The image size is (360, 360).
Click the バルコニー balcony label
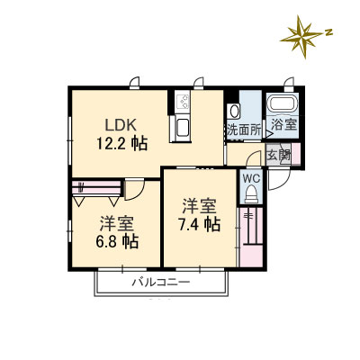tap(161, 283)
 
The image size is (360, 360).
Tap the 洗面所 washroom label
tap(243, 130)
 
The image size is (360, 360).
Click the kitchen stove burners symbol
tap(181, 102)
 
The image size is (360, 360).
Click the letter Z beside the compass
tap(330, 31)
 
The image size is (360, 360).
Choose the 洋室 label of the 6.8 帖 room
tap(117, 223)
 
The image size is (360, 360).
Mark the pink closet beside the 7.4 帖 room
tap(250, 235)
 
